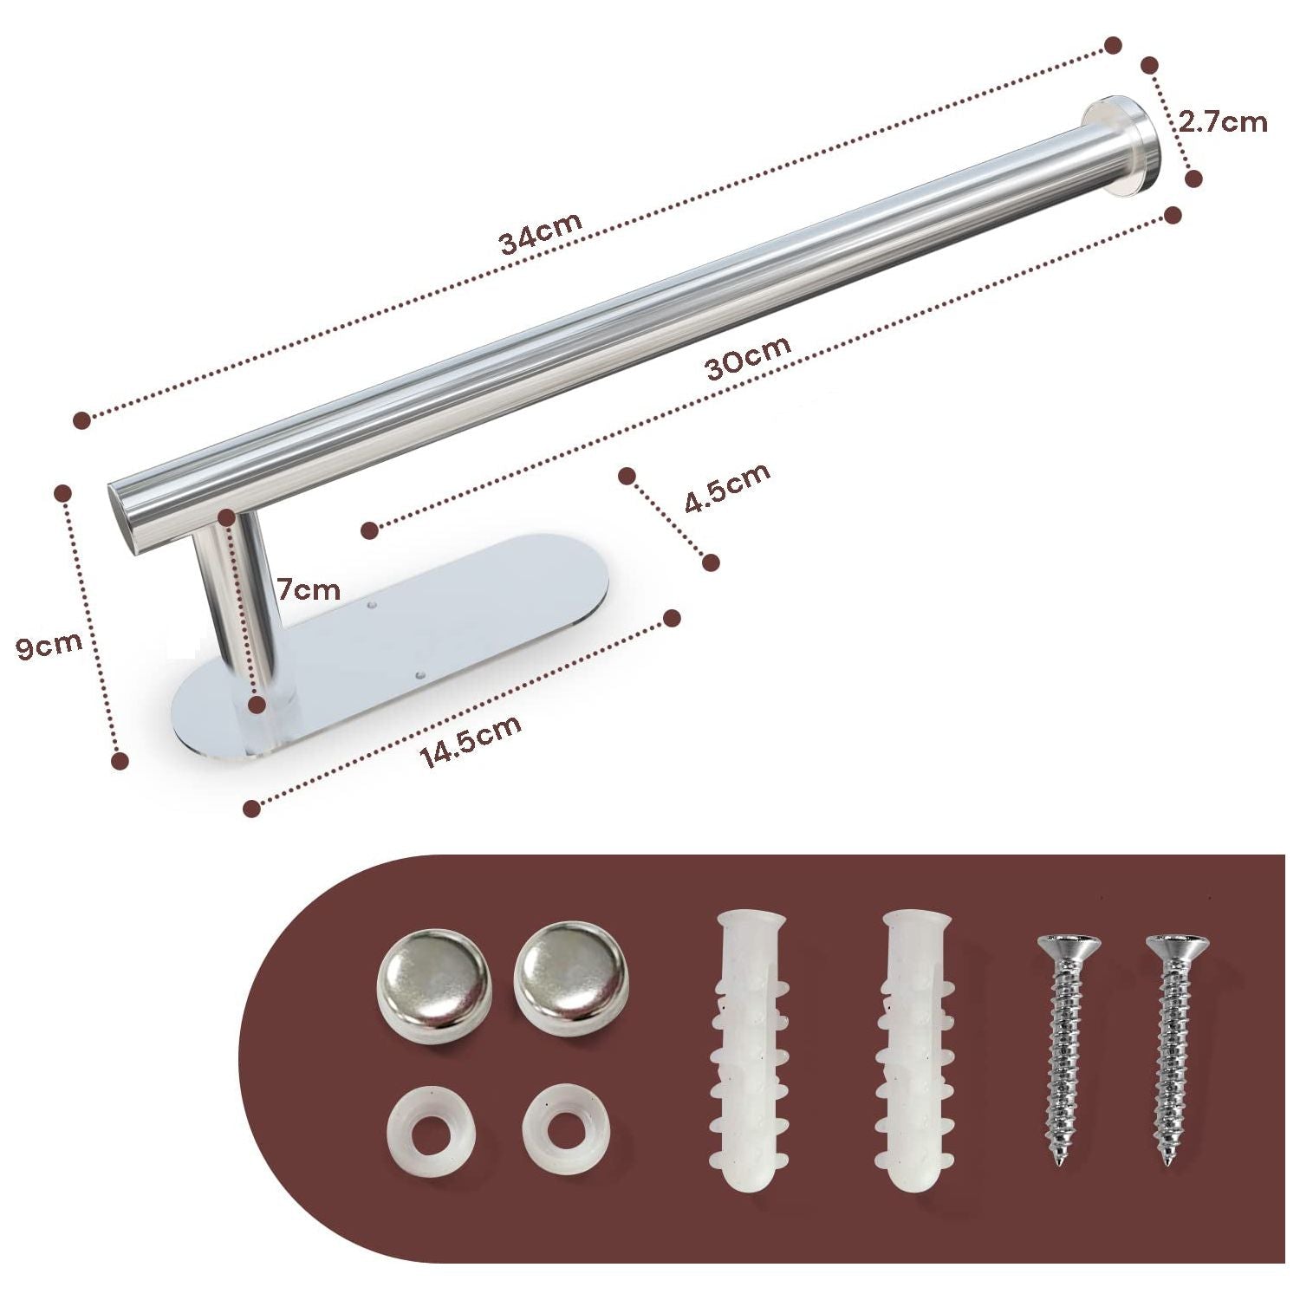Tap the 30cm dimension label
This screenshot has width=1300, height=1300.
[x=748, y=358]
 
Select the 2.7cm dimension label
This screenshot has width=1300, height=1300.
[x=1223, y=122]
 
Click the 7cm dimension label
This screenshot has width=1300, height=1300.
[x=309, y=591]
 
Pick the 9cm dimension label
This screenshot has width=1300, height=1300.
[x=50, y=645]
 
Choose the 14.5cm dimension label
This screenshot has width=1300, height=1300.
[x=471, y=743]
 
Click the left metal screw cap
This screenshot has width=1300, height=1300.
[x=433, y=978]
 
